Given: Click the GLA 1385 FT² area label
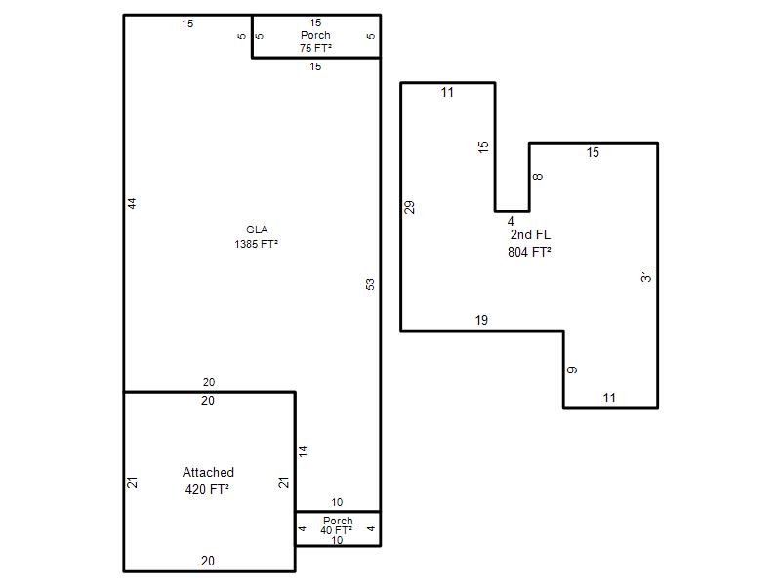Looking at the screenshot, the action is [x=257, y=236].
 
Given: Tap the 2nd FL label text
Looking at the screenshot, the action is [x=530, y=234].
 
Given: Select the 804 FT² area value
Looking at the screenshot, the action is [x=529, y=252].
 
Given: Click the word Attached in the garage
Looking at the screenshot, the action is [x=208, y=472].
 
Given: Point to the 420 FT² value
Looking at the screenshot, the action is [x=207, y=489].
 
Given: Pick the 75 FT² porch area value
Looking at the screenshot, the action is [x=315, y=48].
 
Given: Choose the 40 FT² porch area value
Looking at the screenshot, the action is [x=337, y=530].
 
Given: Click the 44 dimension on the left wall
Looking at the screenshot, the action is [x=132, y=203].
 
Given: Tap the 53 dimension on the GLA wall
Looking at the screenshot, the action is [x=370, y=284].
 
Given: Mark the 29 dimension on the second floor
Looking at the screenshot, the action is [x=409, y=207].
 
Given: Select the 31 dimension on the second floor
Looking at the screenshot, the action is [x=646, y=276].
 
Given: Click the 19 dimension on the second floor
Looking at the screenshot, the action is [x=481, y=320].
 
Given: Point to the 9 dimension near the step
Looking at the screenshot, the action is [x=572, y=370].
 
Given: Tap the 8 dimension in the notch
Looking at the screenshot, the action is [x=538, y=177].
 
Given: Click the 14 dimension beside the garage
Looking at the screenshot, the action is [x=303, y=452].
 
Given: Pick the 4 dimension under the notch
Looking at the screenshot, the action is [x=511, y=221].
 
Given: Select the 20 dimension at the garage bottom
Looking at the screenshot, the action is [x=208, y=561].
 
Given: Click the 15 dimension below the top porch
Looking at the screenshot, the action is [x=315, y=66].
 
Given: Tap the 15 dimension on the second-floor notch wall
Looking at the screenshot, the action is [x=483, y=147].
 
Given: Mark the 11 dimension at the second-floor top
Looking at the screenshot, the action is [x=447, y=92].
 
